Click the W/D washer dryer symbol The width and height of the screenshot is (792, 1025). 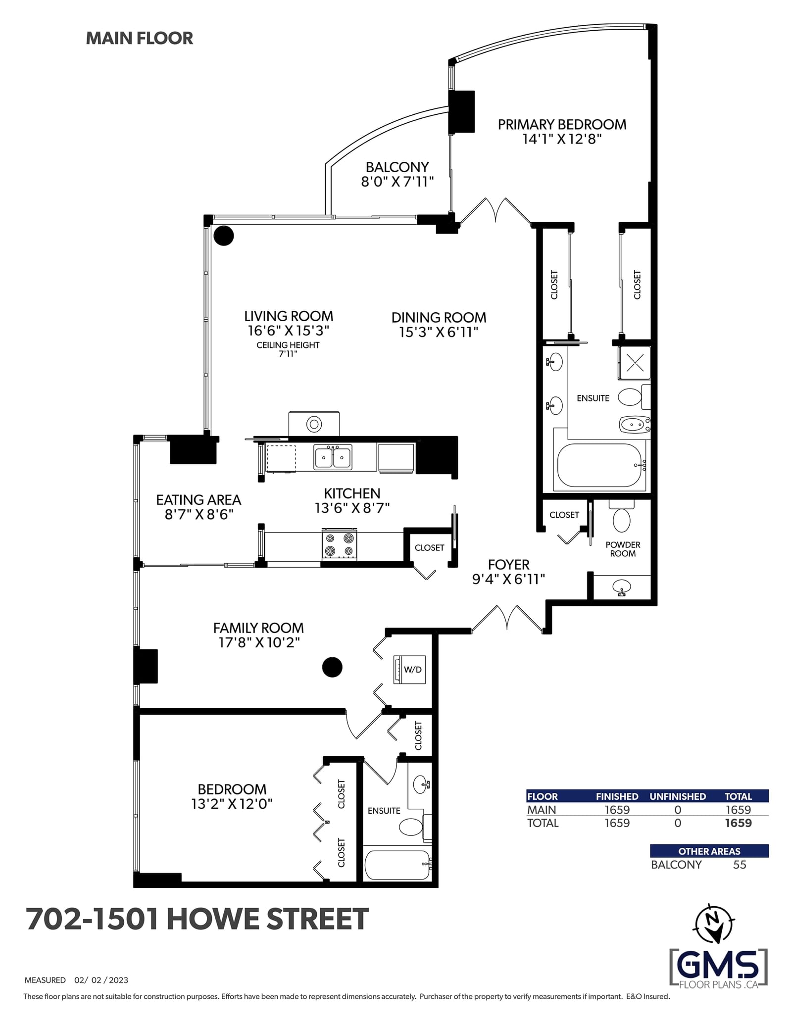(409, 670)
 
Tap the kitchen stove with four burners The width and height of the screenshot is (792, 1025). (340, 544)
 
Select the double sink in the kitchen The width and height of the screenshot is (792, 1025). (333, 457)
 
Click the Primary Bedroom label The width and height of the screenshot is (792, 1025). (562, 125)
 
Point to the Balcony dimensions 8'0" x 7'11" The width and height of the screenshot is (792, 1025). (397, 182)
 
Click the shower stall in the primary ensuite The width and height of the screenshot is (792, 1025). (634, 363)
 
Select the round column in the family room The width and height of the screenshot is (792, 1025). (332, 667)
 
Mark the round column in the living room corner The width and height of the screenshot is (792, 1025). (223, 236)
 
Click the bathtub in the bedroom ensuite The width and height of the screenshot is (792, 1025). (397, 865)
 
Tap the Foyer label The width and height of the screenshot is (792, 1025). (508, 565)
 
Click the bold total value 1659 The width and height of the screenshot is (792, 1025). (738, 823)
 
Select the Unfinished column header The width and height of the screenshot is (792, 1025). (678, 796)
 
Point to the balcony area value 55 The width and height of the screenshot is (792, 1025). (740, 865)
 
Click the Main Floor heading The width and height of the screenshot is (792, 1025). (140, 38)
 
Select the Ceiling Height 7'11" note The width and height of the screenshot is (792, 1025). (288, 349)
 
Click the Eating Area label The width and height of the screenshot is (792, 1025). (198, 500)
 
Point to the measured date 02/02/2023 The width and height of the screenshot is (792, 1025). (101, 980)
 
